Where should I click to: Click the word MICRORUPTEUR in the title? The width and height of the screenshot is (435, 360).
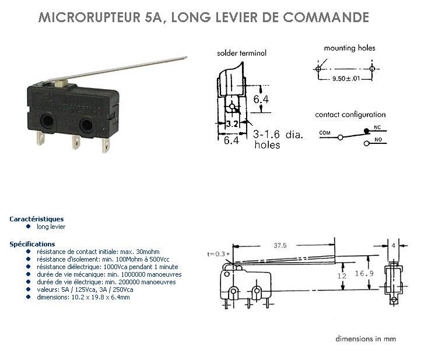[x=89, y=17]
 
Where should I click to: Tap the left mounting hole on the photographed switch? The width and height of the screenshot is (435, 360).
[x=47, y=121]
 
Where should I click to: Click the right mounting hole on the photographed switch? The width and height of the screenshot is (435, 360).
[x=86, y=125]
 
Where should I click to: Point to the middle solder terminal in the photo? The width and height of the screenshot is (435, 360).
[x=76, y=142]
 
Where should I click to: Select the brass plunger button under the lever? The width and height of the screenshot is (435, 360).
[x=61, y=84]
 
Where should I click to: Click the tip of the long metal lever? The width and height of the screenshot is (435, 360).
[x=187, y=58]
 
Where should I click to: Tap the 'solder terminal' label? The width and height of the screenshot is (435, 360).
[x=241, y=53]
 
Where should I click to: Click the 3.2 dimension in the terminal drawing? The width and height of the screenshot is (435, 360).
[x=232, y=123]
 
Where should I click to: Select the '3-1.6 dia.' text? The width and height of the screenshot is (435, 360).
[x=278, y=135]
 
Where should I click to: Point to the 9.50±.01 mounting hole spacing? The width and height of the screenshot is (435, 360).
[x=346, y=79]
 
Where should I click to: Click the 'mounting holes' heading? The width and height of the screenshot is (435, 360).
[x=349, y=48]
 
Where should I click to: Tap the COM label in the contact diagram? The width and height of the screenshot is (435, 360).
[x=325, y=133]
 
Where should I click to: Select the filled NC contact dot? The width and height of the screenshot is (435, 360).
[x=367, y=131]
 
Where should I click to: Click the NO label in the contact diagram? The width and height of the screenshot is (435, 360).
[x=378, y=140]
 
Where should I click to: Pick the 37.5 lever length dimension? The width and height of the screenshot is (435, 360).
[x=280, y=246]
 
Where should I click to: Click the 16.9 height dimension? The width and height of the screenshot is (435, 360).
[x=364, y=274]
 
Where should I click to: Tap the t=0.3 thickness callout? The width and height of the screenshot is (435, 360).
[x=218, y=254]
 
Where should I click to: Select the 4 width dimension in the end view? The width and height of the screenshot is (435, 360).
[x=394, y=246]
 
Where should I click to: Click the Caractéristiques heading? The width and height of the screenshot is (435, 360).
[x=37, y=219]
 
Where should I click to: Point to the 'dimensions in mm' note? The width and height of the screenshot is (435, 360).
[x=366, y=338]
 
